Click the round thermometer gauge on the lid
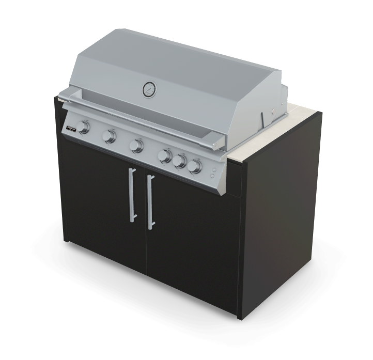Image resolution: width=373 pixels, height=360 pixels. pyautogui.click(x=149, y=90)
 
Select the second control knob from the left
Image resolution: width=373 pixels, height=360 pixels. pyautogui.click(x=110, y=136)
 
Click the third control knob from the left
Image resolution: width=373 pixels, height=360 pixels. pyautogui.click(x=137, y=146)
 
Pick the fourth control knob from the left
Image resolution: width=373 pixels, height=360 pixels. pyautogui.click(x=166, y=156)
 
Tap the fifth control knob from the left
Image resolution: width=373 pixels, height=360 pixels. pyautogui.click(x=180, y=161)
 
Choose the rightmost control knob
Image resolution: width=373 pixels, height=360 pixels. pyautogui.click(x=195, y=166)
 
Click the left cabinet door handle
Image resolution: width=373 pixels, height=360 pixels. pyautogui.click(x=132, y=195)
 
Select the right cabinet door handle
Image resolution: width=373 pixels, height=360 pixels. pyautogui.click(x=150, y=202)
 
